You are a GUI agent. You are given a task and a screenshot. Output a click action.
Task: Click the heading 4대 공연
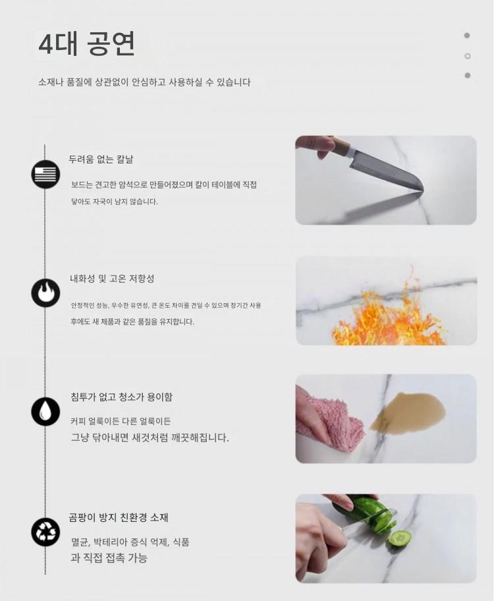(x=86, y=43)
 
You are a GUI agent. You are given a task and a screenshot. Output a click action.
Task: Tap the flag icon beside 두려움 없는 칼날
(x=45, y=174)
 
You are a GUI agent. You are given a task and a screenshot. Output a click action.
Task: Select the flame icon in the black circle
(x=45, y=293)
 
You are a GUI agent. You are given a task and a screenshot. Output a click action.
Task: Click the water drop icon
(x=45, y=412)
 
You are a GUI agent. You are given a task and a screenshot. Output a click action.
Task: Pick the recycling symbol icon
(x=45, y=531)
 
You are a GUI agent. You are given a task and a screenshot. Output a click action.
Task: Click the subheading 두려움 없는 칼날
(x=101, y=159)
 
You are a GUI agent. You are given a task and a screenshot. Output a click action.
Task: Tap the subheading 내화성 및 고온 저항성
(x=112, y=278)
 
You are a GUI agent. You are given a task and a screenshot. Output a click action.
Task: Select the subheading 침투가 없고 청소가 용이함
(x=121, y=397)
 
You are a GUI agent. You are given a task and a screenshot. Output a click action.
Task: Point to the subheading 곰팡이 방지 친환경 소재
(x=119, y=517)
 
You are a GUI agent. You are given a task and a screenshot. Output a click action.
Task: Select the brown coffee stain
(x=408, y=411)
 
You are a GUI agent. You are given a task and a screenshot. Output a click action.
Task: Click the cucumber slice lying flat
(x=400, y=538)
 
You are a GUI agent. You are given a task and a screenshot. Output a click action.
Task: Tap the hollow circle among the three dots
(x=467, y=56)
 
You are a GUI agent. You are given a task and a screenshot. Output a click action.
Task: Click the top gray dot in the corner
(x=467, y=36)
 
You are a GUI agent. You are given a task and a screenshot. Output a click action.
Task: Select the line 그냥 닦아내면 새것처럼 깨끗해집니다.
(x=150, y=438)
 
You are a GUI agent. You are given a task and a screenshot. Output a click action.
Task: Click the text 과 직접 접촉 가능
(x=109, y=558)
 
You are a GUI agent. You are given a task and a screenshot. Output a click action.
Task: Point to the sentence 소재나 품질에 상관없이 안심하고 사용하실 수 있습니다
(x=144, y=82)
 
